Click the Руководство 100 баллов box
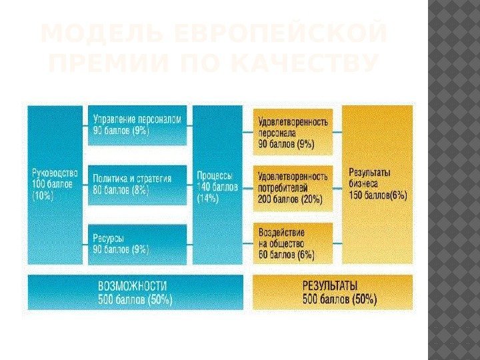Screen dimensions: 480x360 click(x=55, y=183)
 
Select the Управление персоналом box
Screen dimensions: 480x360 click(x=137, y=125)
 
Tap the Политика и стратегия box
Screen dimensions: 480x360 click(x=137, y=185)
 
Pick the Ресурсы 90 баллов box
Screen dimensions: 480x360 click(x=137, y=243)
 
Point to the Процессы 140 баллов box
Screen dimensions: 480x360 click(x=217, y=183)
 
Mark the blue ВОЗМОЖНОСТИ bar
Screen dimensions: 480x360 click(x=136, y=292)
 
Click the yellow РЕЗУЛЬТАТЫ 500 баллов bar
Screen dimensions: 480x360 click(x=333, y=292)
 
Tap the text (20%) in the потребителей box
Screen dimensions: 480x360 click(x=311, y=199)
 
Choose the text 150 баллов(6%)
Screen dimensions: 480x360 click(x=379, y=195)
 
